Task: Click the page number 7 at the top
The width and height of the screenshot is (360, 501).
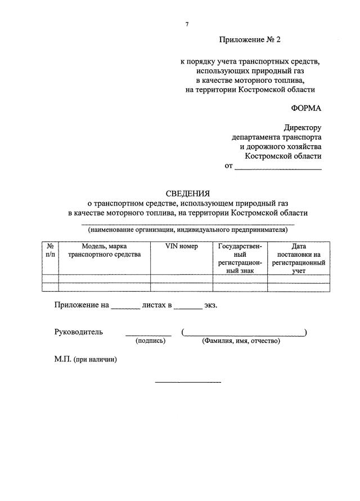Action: pyautogui.click(x=187, y=24)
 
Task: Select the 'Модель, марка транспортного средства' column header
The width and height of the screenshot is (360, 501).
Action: pyautogui.click(x=104, y=250)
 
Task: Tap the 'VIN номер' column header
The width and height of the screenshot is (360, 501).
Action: pyautogui.click(x=181, y=247)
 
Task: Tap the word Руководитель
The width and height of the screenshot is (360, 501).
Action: pyautogui.click(x=79, y=332)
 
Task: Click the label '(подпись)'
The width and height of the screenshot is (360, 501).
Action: pyautogui.click(x=150, y=341)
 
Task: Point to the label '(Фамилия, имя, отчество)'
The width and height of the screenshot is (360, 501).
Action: pyautogui.click(x=241, y=341)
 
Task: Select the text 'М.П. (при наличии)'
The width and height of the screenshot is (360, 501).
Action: pyautogui.click(x=85, y=360)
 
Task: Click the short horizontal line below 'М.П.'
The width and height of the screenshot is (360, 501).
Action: pyautogui.click(x=188, y=383)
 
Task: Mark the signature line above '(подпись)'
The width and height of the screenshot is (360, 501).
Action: pyautogui.click(x=148, y=334)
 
